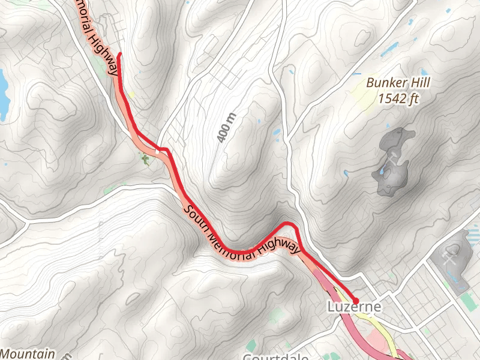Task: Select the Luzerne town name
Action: (354, 307)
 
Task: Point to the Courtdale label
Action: (276, 356)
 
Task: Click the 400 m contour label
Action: (224, 128)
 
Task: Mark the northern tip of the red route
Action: (119, 55)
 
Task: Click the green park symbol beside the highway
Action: (145, 158)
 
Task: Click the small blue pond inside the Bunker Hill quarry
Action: (382, 172)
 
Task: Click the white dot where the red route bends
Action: (157, 153)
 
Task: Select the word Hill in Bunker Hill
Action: (418, 83)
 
